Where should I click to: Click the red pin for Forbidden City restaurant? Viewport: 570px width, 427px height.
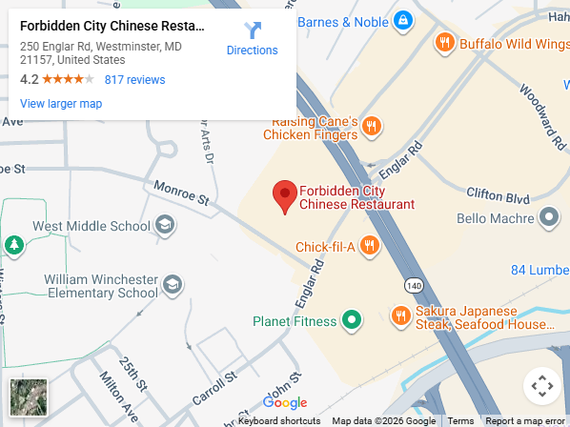pyautogui.click(x=284, y=196)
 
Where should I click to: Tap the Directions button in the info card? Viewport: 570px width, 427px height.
pyautogui.click(x=253, y=39)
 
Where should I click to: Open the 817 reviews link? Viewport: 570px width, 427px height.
pyautogui.click(x=134, y=80)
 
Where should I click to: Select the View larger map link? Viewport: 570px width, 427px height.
pyautogui.click(x=61, y=104)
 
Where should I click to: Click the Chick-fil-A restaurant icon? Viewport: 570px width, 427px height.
pyautogui.click(x=370, y=247)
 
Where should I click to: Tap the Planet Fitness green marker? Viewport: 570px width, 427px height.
pyautogui.click(x=352, y=321)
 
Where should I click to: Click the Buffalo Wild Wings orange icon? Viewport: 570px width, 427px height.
pyautogui.click(x=444, y=42)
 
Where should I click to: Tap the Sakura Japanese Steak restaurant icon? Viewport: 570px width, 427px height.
pyautogui.click(x=400, y=315)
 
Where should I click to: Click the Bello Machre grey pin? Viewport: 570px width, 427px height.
pyautogui.click(x=548, y=218)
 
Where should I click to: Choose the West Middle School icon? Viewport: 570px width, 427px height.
pyautogui.click(x=165, y=225)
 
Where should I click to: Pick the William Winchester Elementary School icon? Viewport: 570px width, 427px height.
pyautogui.click(x=173, y=284)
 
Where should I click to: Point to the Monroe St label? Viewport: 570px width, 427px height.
pyautogui.click(x=181, y=194)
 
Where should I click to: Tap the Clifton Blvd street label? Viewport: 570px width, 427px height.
pyautogui.click(x=497, y=195)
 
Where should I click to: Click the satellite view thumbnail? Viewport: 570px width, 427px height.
pyautogui.click(x=28, y=397)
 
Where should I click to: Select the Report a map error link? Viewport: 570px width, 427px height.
pyautogui.click(x=524, y=420)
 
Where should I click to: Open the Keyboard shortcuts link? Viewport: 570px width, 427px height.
pyautogui.click(x=279, y=420)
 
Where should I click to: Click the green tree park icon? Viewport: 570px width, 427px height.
pyautogui.click(x=14, y=246)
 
